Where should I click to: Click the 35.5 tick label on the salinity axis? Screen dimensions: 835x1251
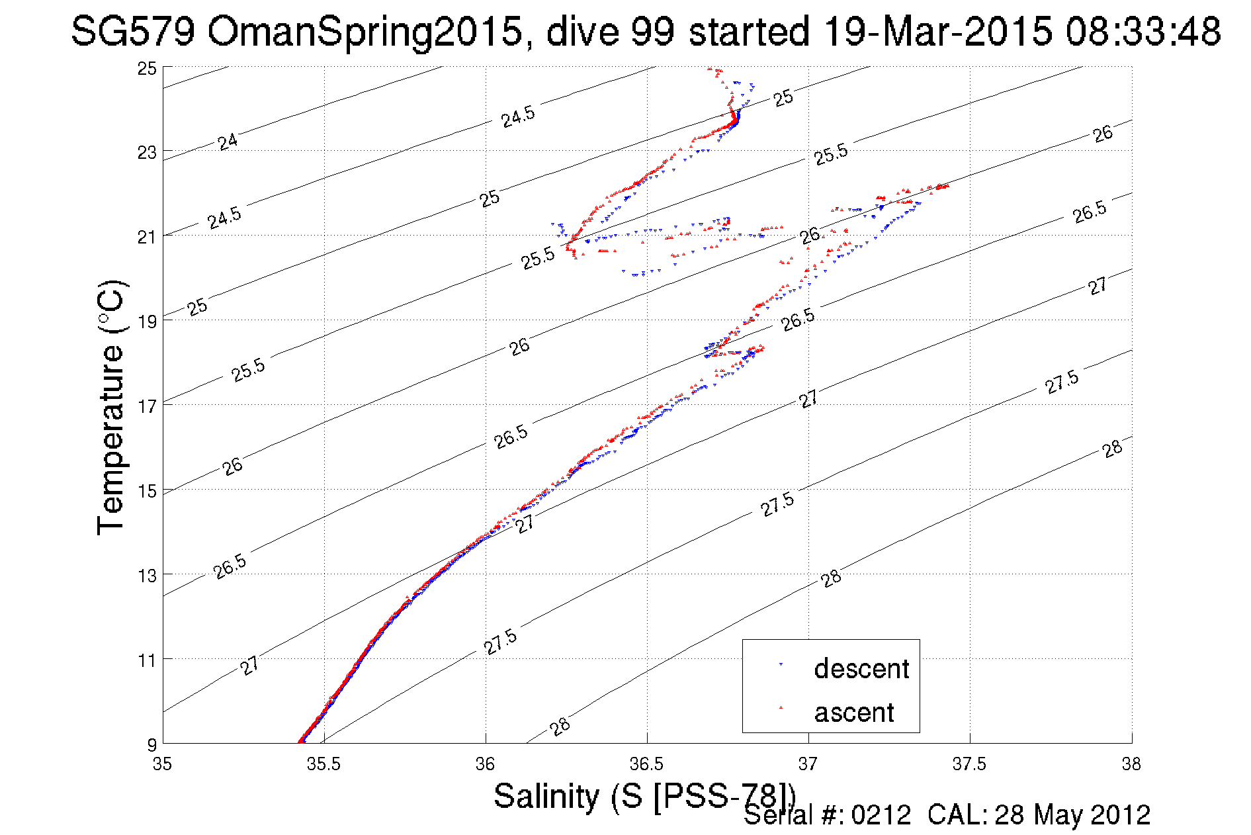pos(324,764)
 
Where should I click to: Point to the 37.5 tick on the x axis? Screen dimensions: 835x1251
pos(969,764)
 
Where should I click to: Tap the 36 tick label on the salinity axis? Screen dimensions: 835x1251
pos(485,764)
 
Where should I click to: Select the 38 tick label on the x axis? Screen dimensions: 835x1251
pos(1131,764)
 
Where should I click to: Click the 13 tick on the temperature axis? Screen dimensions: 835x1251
pos(148,576)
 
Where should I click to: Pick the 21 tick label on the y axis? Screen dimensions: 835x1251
pos(148,237)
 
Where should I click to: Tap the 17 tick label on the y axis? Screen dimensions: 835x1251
pos(148,406)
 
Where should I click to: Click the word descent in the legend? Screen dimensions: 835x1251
pos(861,669)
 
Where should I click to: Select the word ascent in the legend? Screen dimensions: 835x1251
pos(854,713)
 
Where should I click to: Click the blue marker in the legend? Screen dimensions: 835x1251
pos(781,664)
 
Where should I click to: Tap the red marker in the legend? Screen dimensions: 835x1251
pos(781,708)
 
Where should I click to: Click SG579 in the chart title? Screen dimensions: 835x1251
pos(133,31)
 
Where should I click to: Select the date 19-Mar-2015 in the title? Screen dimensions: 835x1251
pos(938,31)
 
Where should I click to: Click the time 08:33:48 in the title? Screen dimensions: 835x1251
pos(1143,31)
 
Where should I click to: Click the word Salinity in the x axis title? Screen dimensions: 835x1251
pos(546,795)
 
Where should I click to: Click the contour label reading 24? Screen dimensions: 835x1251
pos(228,142)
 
